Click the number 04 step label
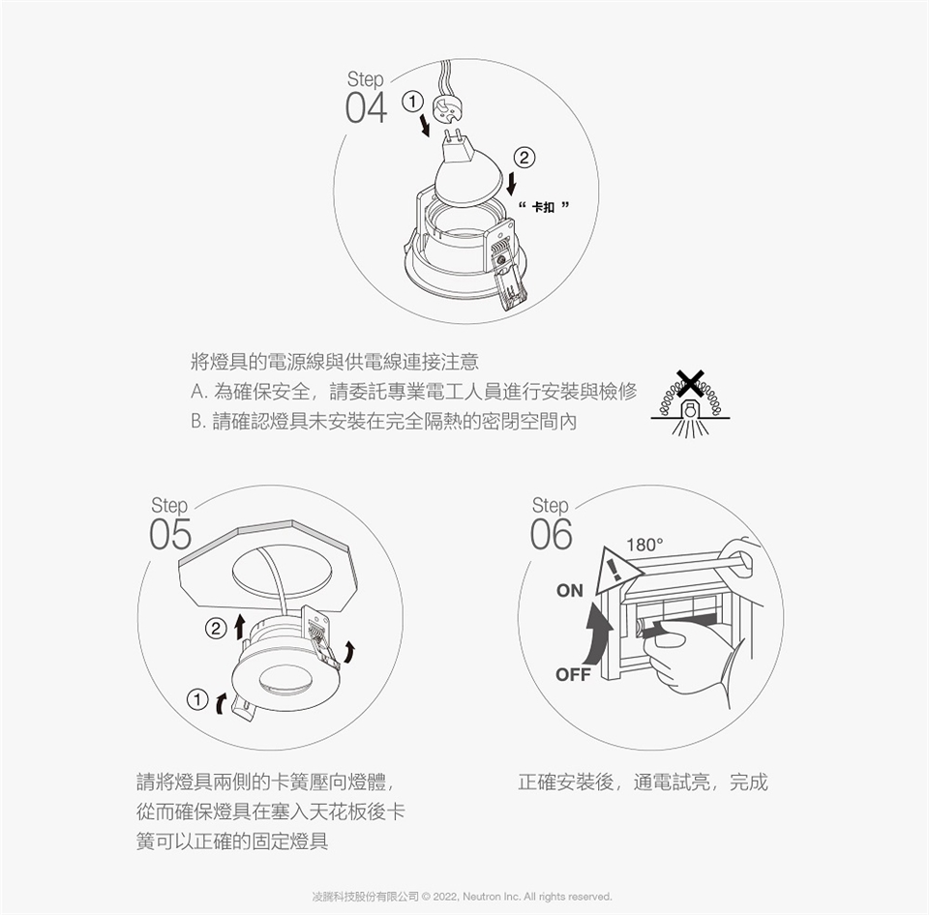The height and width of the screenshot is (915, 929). tap(366, 107)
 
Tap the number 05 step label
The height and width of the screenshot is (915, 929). tap(170, 534)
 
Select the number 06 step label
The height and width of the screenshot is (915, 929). tap(551, 534)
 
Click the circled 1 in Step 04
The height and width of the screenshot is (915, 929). tap(412, 102)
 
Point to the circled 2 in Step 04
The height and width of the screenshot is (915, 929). tap(524, 158)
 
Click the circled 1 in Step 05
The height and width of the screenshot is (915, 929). tap(197, 700)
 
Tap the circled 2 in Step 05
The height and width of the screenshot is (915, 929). tap(216, 629)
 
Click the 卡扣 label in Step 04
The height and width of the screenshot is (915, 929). tap(543, 207)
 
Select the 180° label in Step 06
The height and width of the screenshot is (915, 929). tap(644, 545)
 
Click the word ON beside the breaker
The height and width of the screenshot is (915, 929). tap(570, 590)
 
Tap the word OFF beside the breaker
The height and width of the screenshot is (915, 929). tap(573, 674)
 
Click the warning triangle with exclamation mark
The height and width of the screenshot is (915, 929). tap(616, 572)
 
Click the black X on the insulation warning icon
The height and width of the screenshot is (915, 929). tap(690, 384)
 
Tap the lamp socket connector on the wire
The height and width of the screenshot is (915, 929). tap(446, 107)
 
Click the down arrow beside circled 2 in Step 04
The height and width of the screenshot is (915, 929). tap(511, 183)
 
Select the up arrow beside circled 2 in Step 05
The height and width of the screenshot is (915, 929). tap(239, 627)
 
